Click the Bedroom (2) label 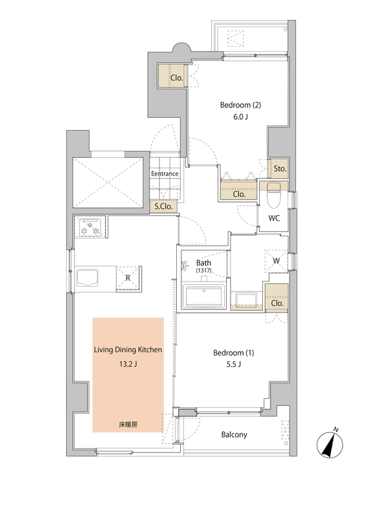(x=240, y=105)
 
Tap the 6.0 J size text (x=240, y=117)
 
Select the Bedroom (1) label (x=233, y=353)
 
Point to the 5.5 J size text (x=233, y=365)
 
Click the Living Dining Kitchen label (x=128, y=350)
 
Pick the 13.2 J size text (x=128, y=365)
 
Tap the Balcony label (x=234, y=434)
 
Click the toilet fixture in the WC (x=273, y=195)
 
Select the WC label (x=274, y=218)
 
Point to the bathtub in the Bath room (x=204, y=297)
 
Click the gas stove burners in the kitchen (x=90, y=227)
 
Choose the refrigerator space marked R (x=128, y=278)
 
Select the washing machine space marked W (x=276, y=261)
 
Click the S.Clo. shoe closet (x=164, y=207)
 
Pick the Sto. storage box (x=279, y=169)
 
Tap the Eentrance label (x=165, y=174)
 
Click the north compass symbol (x=330, y=445)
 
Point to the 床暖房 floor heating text (x=128, y=425)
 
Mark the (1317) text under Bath (x=203, y=270)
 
